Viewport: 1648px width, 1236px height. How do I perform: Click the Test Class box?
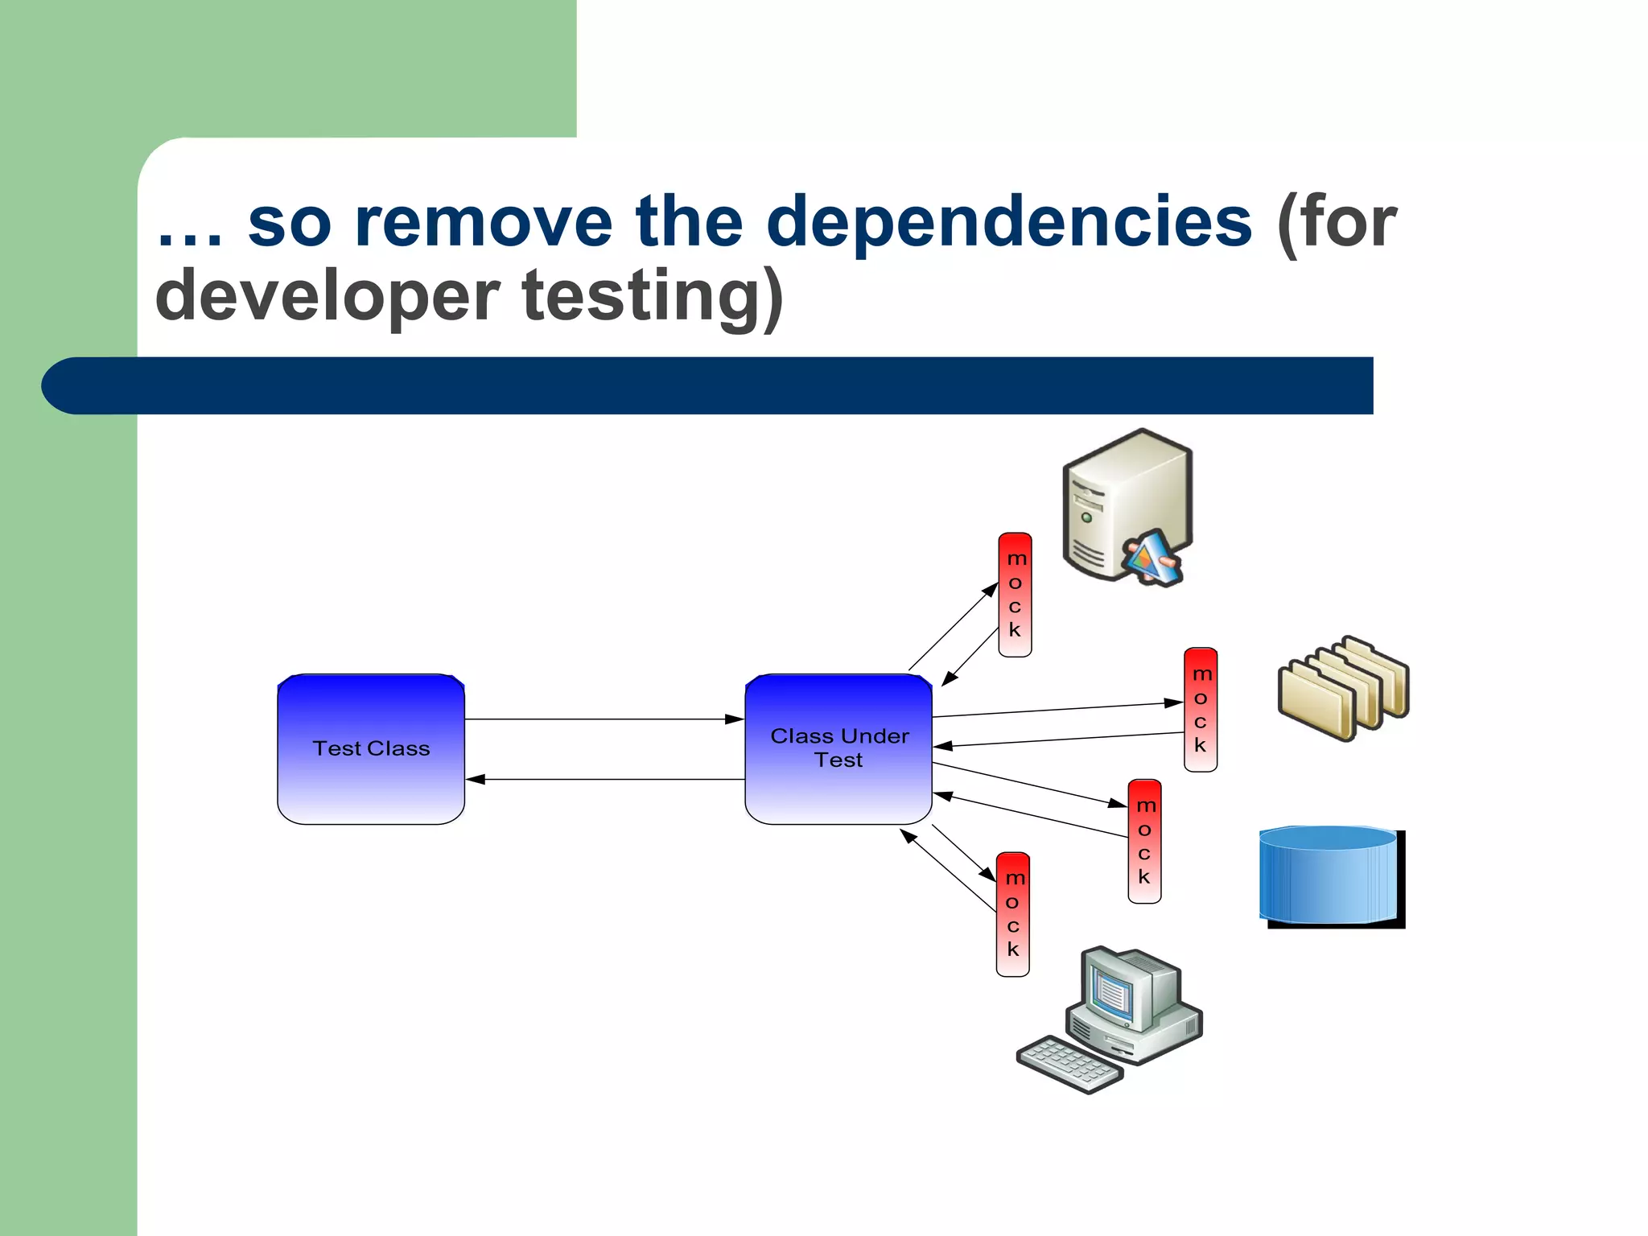pyautogui.click(x=371, y=748)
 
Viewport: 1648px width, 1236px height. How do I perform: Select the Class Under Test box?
pyautogui.click(x=838, y=748)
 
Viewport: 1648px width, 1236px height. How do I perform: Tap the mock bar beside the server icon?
pyautogui.click(x=1015, y=595)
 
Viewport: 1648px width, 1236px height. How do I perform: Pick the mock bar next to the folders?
pyautogui.click(x=1200, y=710)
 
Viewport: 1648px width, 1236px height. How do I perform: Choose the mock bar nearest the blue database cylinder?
pyautogui.click(x=1144, y=841)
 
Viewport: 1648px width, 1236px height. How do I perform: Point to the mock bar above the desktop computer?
pyautogui.click(x=1012, y=914)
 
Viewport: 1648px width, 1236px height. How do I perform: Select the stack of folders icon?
pyautogui.click(x=1342, y=687)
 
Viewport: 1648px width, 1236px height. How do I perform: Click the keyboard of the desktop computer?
pyautogui.click(x=1069, y=1063)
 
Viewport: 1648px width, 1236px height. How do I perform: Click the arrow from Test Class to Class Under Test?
pyautogui.click(x=604, y=719)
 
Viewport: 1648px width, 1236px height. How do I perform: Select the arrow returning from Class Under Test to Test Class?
pyautogui.click(x=604, y=779)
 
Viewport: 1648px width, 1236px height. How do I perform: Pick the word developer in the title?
pyautogui.click(x=327, y=296)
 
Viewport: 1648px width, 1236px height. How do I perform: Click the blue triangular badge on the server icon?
pyautogui.click(x=1152, y=557)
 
